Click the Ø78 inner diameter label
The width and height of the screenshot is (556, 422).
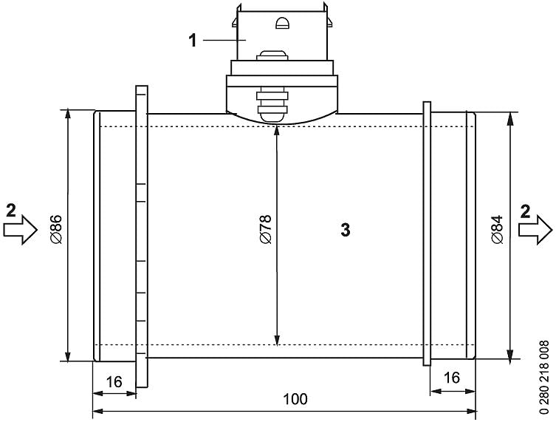point(265,230)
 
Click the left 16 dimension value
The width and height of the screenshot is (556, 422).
point(114,381)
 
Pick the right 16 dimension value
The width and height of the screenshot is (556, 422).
point(450,378)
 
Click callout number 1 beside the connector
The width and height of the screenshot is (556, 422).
point(193,39)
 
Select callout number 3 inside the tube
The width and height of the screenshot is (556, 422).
point(345,230)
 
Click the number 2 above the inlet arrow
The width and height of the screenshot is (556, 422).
point(10,210)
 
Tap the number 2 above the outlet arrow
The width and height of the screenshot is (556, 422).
point(525,210)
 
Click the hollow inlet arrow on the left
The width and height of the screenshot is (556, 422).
point(20,230)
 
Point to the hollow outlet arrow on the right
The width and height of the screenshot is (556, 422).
point(535,230)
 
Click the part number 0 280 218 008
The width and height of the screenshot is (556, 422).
point(545,375)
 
